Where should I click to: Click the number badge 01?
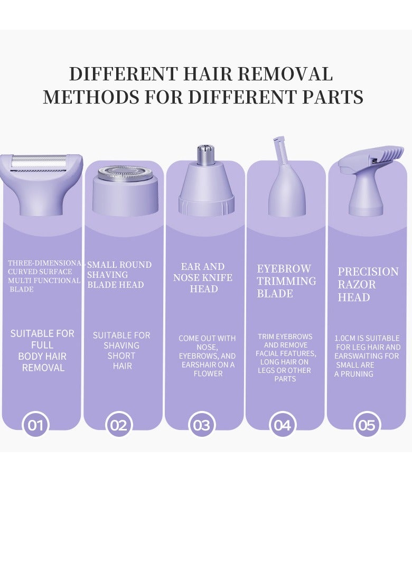[35, 425]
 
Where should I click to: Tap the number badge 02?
[119, 425]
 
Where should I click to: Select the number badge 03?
[201, 425]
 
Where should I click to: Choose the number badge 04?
[283, 425]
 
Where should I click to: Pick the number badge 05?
[367, 425]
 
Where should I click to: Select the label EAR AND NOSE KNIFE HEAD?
[203, 278]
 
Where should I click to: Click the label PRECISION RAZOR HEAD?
[368, 284]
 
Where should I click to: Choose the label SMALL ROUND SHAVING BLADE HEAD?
[119, 275]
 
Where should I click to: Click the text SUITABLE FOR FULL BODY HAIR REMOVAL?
[42, 350]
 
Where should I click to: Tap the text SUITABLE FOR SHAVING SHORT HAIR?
[121, 350]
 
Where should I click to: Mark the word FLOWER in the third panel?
[208, 374]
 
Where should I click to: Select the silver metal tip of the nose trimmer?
[205, 154]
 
